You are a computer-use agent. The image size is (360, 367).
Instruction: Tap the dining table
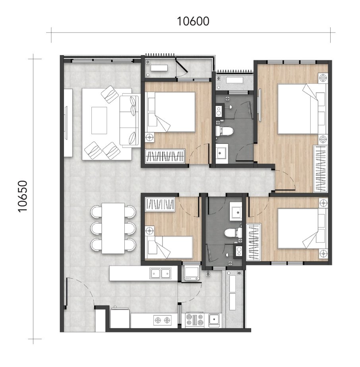click(113, 228)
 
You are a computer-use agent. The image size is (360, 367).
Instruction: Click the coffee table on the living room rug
click(99, 120)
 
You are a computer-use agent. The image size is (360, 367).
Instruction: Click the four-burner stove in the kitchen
click(194, 319)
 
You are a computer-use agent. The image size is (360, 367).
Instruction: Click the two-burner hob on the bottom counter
click(163, 319)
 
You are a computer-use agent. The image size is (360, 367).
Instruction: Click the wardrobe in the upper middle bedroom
click(165, 156)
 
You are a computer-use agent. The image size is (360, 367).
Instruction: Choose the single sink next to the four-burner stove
click(215, 319)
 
